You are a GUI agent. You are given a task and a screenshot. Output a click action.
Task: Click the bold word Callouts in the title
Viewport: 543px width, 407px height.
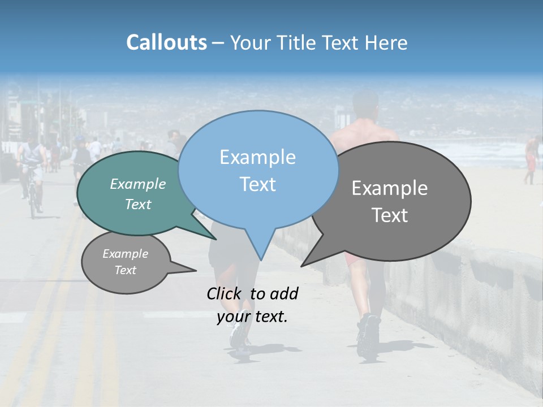coord(166,42)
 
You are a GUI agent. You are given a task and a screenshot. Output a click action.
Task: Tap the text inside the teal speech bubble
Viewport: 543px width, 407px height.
coord(138,194)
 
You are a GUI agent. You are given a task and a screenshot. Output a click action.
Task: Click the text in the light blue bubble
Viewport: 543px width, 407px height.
coord(257,171)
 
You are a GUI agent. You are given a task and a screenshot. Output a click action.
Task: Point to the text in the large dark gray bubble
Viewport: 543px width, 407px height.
coord(390,201)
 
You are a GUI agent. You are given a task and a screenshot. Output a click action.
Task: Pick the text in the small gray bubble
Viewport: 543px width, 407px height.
coord(125,262)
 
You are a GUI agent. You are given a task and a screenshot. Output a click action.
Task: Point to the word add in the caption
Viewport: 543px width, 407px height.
coord(284,293)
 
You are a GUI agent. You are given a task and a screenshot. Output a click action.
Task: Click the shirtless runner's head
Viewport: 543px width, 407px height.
coord(365,103)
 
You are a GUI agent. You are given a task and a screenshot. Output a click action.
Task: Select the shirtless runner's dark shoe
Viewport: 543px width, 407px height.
coord(368,334)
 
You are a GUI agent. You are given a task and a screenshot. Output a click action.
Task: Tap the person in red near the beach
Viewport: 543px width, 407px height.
coord(531,159)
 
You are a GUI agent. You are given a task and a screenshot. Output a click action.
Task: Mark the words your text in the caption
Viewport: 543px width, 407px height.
coord(252,317)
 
